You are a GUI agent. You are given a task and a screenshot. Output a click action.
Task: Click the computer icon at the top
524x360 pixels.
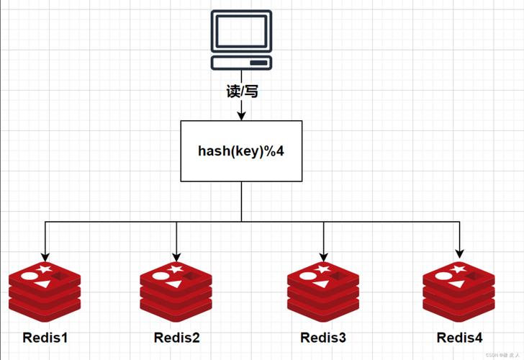(241, 40)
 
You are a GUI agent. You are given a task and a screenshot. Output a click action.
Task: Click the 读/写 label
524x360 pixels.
(241, 91)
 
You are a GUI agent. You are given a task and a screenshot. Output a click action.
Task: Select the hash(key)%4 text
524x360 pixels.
(241, 151)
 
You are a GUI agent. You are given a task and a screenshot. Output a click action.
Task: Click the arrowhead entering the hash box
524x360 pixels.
(241, 115)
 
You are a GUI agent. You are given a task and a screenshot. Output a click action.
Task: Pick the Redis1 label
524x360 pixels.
(45, 337)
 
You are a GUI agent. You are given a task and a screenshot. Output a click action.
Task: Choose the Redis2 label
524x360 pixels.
(177, 337)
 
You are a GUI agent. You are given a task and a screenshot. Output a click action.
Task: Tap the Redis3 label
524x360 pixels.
(323, 337)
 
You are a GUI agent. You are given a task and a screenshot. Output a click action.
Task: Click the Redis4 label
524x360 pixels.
(459, 337)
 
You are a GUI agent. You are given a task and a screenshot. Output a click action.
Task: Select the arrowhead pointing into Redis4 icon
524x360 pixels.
(460, 253)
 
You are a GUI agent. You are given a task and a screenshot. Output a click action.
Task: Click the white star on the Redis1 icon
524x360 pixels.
(45, 270)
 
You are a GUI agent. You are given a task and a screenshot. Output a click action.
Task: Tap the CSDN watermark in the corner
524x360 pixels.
(502, 355)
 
